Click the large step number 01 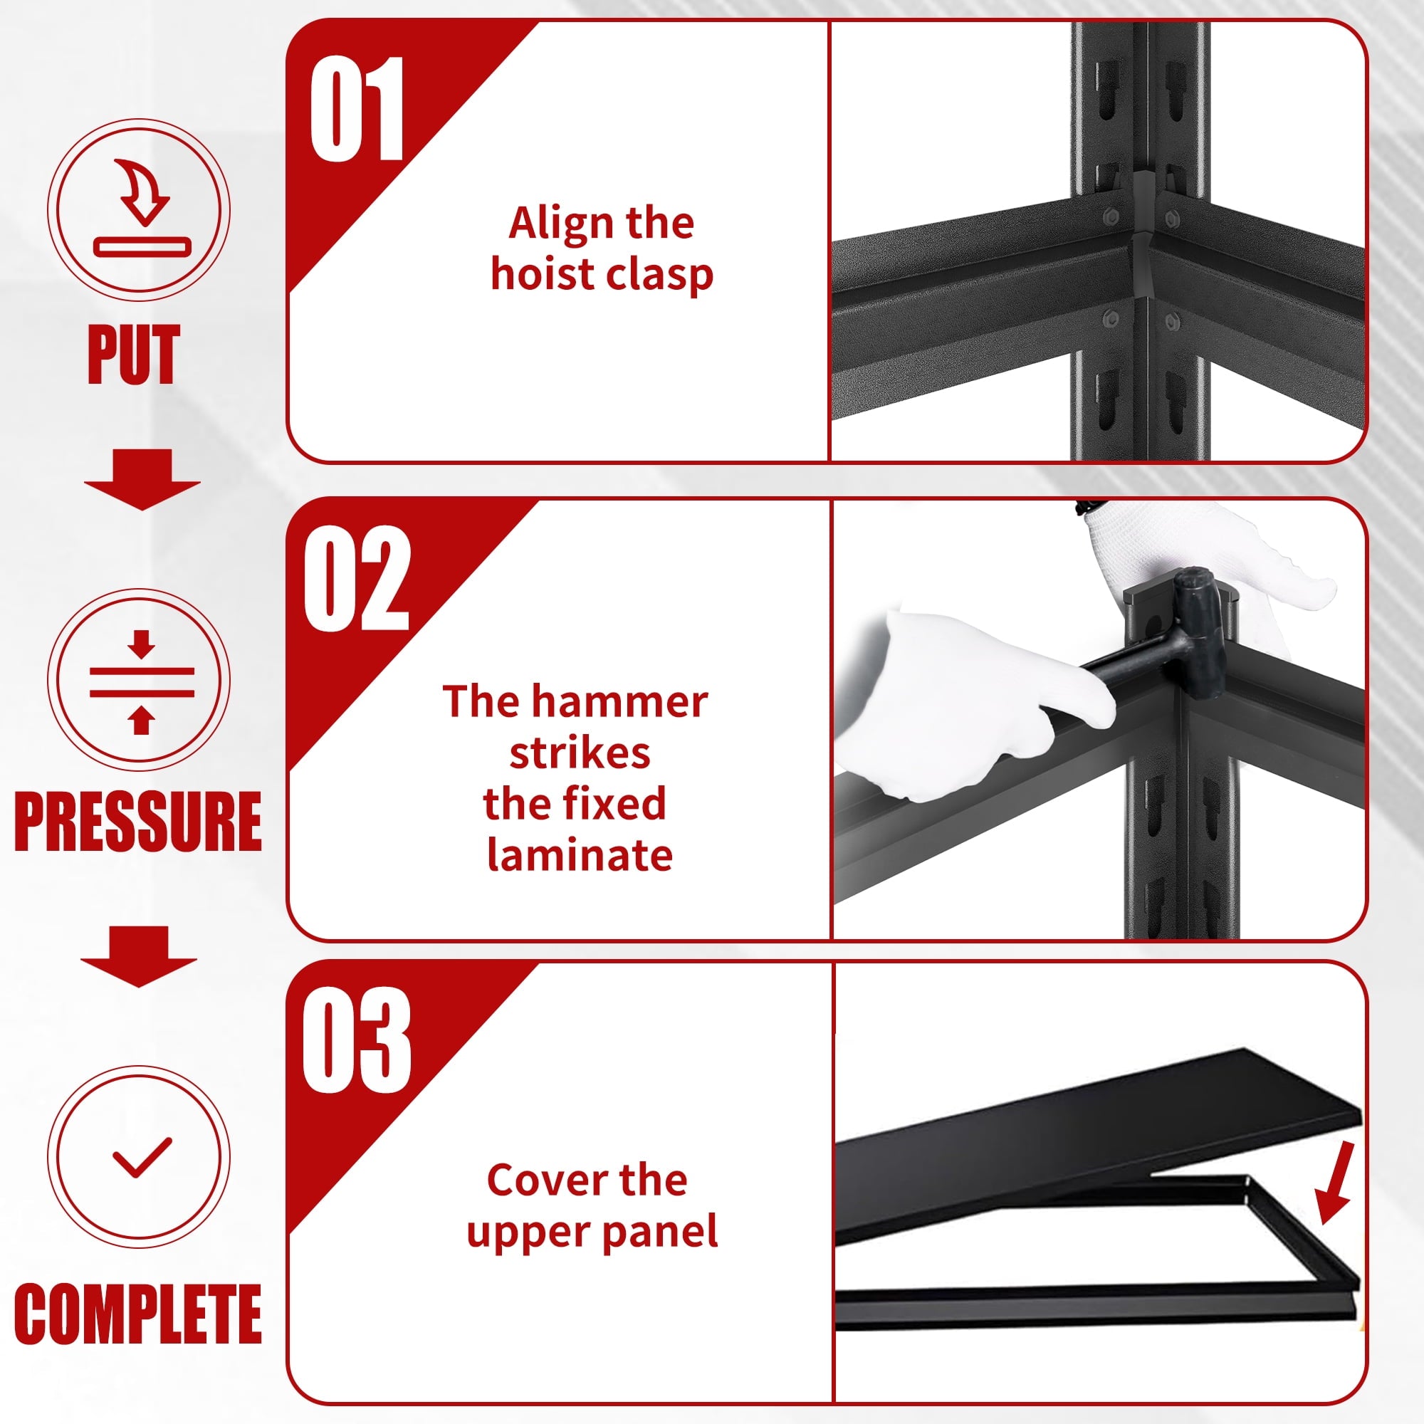click(357, 108)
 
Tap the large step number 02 click(357, 579)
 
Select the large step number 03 click(357, 1040)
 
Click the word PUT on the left click(133, 355)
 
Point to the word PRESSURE click(138, 821)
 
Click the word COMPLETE click(138, 1314)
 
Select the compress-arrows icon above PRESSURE click(142, 682)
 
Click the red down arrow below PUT click(142, 479)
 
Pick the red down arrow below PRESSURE click(139, 956)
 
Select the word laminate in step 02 click(580, 855)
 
